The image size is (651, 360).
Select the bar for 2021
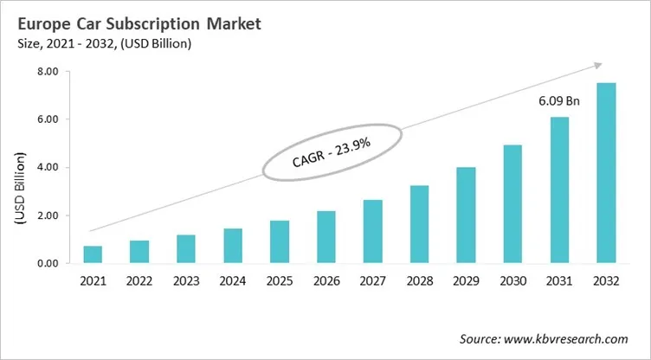(x=93, y=254)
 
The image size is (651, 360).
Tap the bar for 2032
(x=605, y=173)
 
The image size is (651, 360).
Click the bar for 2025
(x=279, y=241)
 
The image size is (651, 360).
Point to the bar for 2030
(x=512, y=204)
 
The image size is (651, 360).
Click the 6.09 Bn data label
(x=558, y=101)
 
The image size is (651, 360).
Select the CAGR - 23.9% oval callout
(x=332, y=152)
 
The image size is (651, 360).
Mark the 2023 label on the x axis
(x=186, y=280)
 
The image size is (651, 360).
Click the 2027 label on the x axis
(x=372, y=280)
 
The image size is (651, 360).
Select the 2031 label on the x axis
(x=558, y=280)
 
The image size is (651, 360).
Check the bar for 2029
(x=466, y=215)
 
